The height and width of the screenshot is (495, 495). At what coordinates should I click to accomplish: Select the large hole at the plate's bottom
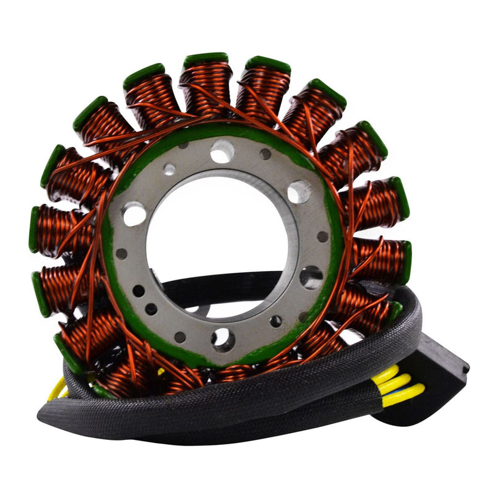(x=222, y=338)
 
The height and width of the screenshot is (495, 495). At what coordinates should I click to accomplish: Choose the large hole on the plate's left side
(x=134, y=214)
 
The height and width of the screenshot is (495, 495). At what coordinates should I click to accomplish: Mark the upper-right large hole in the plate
(x=299, y=192)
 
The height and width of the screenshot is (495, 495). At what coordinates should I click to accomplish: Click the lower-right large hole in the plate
(x=311, y=277)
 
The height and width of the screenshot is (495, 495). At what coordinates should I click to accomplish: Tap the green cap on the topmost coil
(x=206, y=59)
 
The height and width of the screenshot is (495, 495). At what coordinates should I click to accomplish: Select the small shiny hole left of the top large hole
(x=169, y=169)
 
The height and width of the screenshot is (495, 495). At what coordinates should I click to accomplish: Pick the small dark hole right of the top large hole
(x=265, y=154)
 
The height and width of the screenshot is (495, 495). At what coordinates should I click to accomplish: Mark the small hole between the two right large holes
(x=322, y=236)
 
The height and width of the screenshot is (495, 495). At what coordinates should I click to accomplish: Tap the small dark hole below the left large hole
(x=121, y=254)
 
